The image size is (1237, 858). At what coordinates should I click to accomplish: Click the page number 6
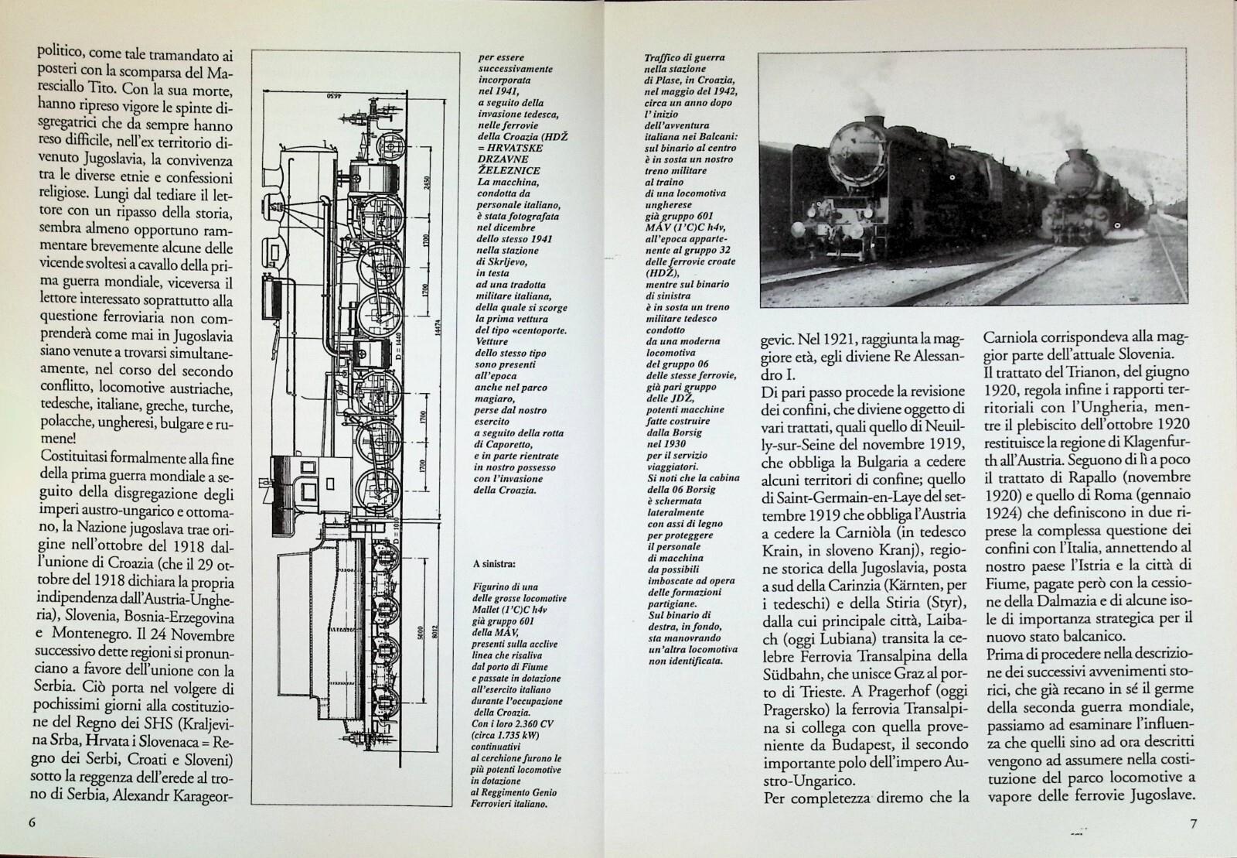tap(32, 822)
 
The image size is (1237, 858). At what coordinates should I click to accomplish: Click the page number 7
tap(1193, 823)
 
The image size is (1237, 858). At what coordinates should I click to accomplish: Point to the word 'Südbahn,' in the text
tap(796, 672)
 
